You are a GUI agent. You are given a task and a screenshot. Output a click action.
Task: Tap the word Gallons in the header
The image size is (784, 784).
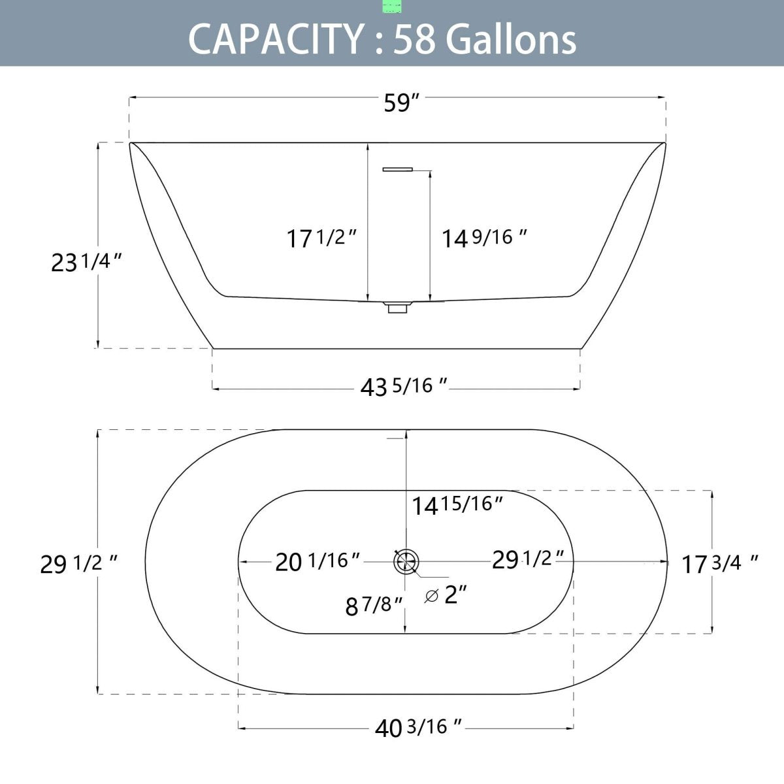tap(511, 39)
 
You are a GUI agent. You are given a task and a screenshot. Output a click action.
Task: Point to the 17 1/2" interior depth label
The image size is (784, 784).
tap(321, 238)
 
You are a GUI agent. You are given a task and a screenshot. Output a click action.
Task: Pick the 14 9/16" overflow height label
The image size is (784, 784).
tap(483, 238)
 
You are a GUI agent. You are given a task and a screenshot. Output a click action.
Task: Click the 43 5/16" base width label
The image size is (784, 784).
tap(404, 387)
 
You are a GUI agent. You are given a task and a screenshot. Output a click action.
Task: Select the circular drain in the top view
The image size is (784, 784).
tap(406, 561)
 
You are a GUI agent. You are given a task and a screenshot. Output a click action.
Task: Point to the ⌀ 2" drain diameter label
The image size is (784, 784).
tap(446, 595)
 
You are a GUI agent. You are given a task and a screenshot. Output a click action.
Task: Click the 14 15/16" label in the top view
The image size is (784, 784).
tap(457, 505)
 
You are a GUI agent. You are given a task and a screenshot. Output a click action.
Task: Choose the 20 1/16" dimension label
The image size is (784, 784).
tap(318, 561)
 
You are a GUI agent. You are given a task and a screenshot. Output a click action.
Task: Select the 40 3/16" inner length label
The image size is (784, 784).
tap(418, 727)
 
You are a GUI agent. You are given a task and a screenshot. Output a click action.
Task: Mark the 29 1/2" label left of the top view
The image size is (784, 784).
tap(78, 564)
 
